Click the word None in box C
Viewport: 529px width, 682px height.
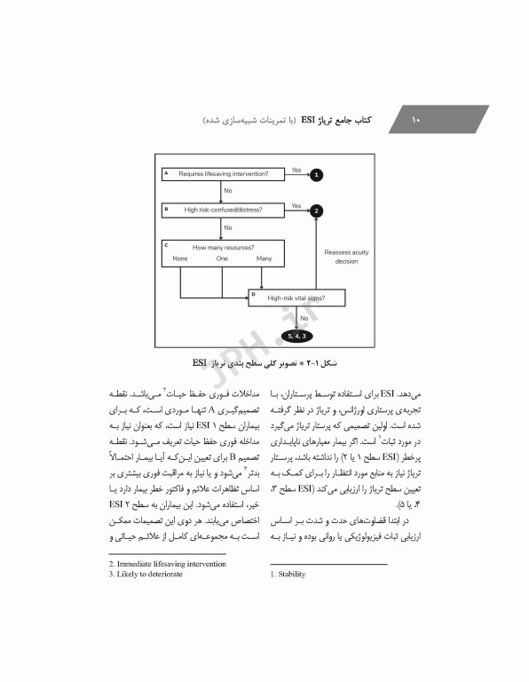180,258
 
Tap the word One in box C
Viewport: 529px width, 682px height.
222,258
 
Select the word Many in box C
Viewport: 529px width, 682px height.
264,258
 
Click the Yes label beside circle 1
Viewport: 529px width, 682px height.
296,169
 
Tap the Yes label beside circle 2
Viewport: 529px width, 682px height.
296,205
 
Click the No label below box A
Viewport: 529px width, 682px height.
228,191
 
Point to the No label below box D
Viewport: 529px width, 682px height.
304,317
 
